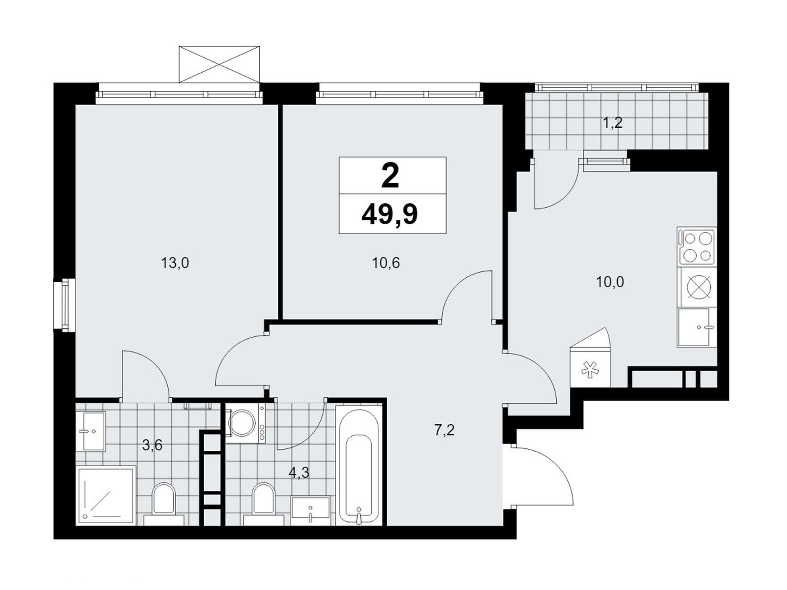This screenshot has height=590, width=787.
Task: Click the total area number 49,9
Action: (x=390, y=215)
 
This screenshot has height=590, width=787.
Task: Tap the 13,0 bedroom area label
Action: (x=175, y=264)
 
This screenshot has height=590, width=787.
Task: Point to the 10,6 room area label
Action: (x=386, y=264)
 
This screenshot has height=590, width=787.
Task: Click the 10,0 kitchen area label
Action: (x=610, y=282)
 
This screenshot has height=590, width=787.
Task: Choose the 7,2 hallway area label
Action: (x=445, y=430)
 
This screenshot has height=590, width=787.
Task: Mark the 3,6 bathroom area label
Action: (x=152, y=445)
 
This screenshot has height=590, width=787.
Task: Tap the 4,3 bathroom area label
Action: (x=299, y=473)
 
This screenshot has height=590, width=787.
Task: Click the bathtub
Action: (x=359, y=465)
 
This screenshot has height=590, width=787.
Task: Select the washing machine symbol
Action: (x=245, y=423)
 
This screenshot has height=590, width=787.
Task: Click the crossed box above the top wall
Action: (x=219, y=64)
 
